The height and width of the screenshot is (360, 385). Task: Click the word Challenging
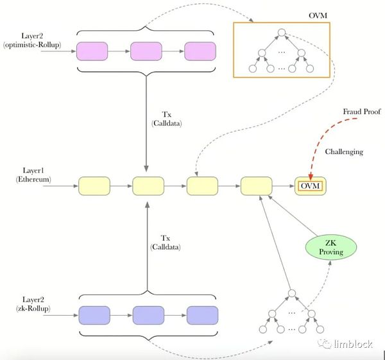coord(344,152)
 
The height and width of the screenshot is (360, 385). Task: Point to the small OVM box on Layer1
coord(310,187)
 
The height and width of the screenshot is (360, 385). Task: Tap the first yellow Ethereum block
coord(94,187)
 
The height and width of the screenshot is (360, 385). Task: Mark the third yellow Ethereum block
coord(202,187)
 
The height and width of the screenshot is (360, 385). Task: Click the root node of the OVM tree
coord(282,33)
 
